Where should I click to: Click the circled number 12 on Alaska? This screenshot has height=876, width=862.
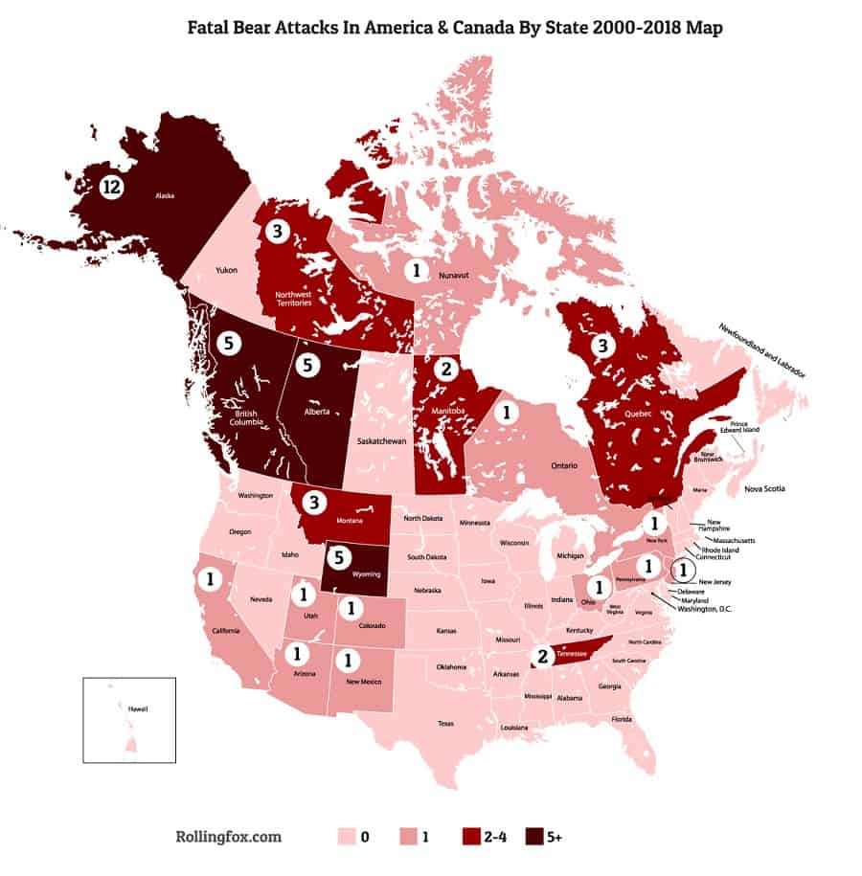click(111, 188)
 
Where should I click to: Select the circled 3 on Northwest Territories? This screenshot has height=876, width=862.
click(277, 231)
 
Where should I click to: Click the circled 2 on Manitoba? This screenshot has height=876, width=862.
click(445, 368)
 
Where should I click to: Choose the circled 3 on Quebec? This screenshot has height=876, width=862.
click(602, 346)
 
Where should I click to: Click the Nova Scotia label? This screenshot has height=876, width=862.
click(764, 489)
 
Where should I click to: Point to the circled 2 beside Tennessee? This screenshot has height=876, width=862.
click(542, 657)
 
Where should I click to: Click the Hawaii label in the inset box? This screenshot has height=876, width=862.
click(138, 708)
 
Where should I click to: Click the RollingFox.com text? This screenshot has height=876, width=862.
click(230, 837)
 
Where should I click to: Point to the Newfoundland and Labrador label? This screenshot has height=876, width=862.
click(762, 351)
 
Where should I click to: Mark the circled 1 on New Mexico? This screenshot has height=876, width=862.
click(348, 659)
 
